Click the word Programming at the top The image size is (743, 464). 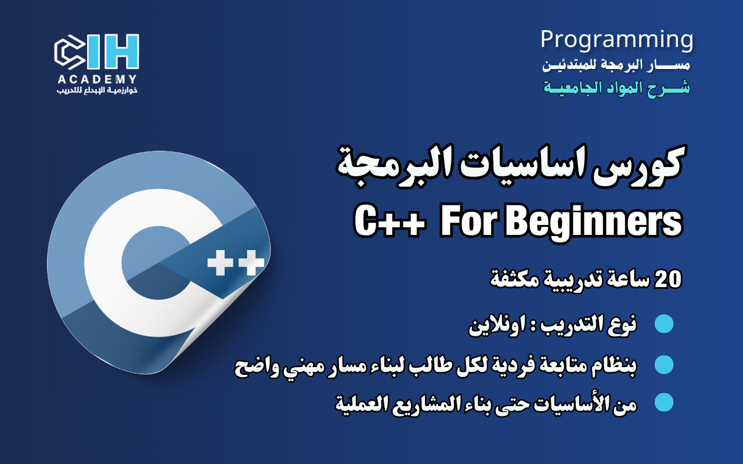tap(616, 39)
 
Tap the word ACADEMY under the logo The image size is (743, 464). tap(96, 79)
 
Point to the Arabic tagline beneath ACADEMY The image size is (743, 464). tap(96, 90)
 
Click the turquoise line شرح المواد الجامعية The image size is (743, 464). tap(616, 88)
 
